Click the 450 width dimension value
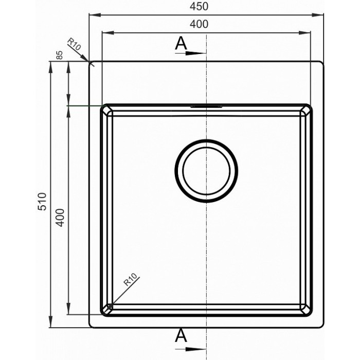point(199,6)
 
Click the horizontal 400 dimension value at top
point(199,24)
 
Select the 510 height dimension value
point(42,202)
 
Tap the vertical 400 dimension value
point(60,218)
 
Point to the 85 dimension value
point(59,55)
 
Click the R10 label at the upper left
point(74,44)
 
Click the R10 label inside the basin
point(130,279)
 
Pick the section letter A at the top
point(181,43)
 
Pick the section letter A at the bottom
point(181,335)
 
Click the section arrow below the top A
point(191,53)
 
